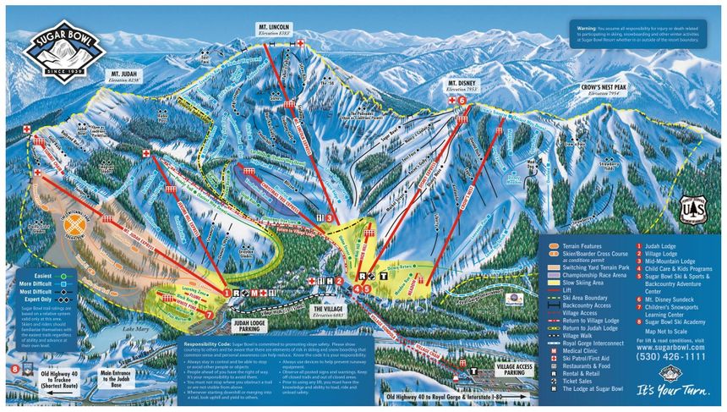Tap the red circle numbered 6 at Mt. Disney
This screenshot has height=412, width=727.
tap(462, 101)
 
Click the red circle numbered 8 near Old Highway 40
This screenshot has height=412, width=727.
tap(14, 368)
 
